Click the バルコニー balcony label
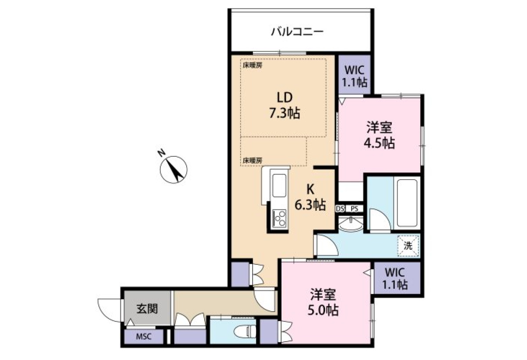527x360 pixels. (x=297, y=32)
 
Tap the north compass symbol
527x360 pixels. (x=173, y=169)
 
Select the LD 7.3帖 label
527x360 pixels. (x=285, y=105)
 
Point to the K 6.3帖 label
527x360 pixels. (x=310, y=197)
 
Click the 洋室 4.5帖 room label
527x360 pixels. (x=379, y=135)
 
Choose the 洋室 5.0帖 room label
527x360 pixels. (x=323, y=302)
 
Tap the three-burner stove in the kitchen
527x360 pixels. (x=279, y=219)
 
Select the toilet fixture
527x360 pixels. (x=245, y=332)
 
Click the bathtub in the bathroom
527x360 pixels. (x=408, y=203)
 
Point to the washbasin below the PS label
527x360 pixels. (x=351, y=224)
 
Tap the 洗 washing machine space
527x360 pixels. (x=408, y=246)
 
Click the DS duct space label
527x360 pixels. (x=340, y=209)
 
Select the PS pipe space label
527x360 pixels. (x=354, y=209)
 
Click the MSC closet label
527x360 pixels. (x=144, y=337)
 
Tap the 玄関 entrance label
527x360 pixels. (x=147, y=309)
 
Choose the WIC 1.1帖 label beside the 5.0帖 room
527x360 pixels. (x=395, y=278)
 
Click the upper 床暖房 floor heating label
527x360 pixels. (x=253, y=65)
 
